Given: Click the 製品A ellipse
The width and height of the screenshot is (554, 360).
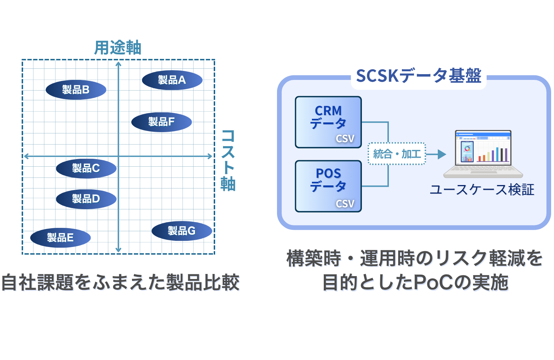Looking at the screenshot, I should (x=172, y=80).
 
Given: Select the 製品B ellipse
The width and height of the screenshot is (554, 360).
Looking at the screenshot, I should (x=76, y=90).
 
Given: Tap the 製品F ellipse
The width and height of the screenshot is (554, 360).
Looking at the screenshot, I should (x=162, y=122).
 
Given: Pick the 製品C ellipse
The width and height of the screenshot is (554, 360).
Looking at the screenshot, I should (x=86, y=168).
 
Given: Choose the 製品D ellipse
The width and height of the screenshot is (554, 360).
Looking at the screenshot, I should (x=86, y=199).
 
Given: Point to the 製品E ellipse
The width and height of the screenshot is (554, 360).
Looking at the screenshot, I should (x=60, y=238).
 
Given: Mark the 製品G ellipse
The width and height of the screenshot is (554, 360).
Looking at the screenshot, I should (x=182, y=231).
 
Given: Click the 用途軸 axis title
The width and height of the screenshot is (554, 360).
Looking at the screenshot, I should (x=118, y=48).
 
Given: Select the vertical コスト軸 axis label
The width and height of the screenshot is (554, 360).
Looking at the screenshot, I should (x=228, y=160).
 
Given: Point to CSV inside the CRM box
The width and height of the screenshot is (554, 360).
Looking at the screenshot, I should (x=345, y=139).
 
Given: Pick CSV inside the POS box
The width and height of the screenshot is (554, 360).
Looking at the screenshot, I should (x=345, y=204).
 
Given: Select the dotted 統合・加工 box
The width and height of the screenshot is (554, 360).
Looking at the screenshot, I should (x=397, y=154).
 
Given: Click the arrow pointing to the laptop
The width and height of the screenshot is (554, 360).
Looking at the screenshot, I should (x=437, y=154).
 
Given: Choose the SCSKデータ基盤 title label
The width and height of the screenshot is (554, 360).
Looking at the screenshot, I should (x=418, y=76).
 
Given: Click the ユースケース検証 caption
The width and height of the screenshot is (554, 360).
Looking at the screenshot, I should (x=482, y=190).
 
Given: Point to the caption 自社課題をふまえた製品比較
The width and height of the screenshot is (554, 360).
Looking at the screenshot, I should (x=121, y=283).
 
